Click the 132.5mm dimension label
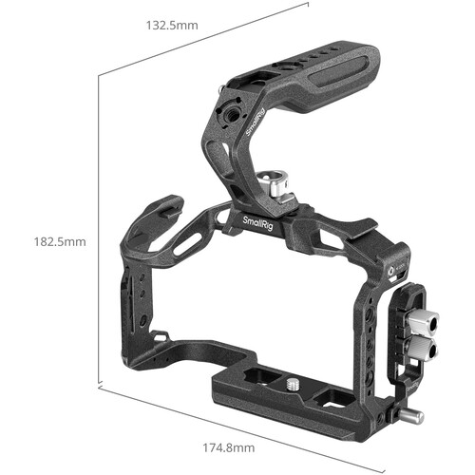(172, 26)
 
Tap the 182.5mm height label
(60, 242)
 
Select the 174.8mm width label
(229, 447)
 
